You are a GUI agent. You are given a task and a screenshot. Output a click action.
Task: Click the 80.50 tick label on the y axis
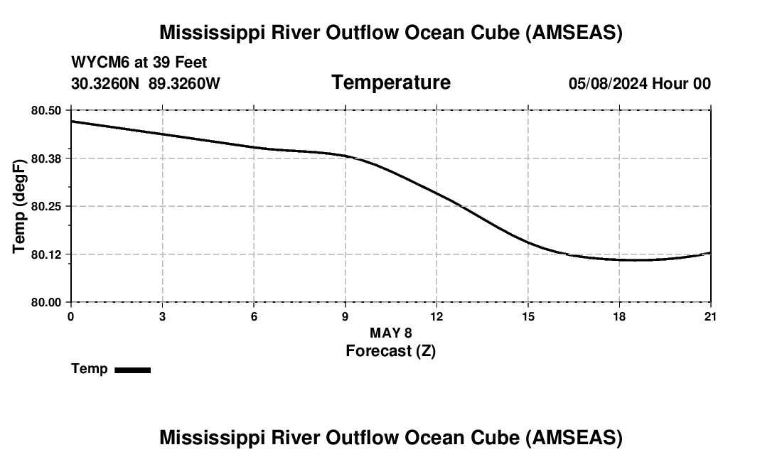pyautogui.click(x=46, y=110)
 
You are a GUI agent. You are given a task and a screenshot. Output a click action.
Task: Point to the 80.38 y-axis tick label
pyautogui.click(x=46, y=158)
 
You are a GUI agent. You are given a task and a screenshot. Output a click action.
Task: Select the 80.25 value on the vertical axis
pyautogui.click(x=46, y=206)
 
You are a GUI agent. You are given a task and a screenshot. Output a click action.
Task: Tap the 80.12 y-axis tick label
pyautogui.click(x=46, y=254)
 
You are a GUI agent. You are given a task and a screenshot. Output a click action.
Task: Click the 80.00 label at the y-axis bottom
pyautogui.click(x=46, y=302)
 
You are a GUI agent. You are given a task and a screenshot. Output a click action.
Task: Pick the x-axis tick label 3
pyautogui.click(x=162, y=316)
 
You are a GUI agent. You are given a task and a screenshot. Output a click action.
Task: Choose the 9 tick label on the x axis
pyautogui.click(x=346, y=316)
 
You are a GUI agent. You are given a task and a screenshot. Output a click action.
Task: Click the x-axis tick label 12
pyautogui.click(x=436, y=316)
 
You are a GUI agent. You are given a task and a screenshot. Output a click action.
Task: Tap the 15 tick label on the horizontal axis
pyautogui.click(x=528, y=316)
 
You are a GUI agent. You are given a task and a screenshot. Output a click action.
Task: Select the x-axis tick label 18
pyautogui.click(x=619, y=316)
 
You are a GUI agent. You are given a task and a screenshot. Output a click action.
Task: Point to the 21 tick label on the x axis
pyautogui.click(x=710, y=316)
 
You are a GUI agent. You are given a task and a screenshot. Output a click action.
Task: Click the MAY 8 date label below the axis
pyautogui.click(x=390, y=333)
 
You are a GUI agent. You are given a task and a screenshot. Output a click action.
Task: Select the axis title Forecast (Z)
pyautogui.click(x=390, y=350)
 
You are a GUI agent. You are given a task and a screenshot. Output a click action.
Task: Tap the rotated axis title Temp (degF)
pyautogui.click(x=20, y=206)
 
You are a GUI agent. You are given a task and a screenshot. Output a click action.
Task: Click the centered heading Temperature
pyautogui.click(x=391, y=82)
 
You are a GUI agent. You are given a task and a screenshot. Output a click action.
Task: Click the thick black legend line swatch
pyautogui.click(x=132, y=370)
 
